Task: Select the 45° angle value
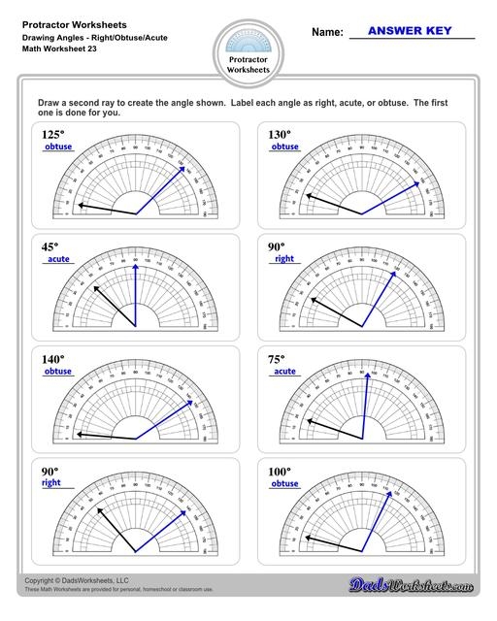point(50,246)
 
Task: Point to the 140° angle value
point(53,359)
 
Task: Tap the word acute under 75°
point(283,372)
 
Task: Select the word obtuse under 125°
point(58,147)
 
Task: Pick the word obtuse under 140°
point(58,372)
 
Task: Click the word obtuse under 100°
point(284,483)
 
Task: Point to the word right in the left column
point(51,482)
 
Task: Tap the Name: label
point(327,32)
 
